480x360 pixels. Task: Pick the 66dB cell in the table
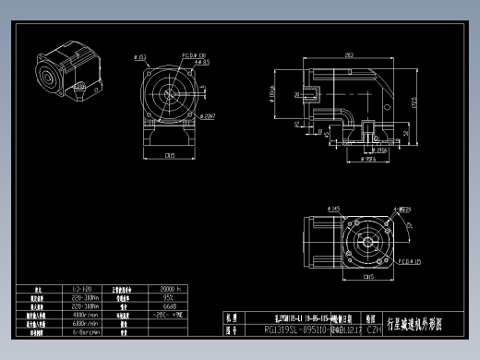tap(169, 306)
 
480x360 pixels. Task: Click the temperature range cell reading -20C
tap(169, 316)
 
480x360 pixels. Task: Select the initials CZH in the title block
tap(375, 329)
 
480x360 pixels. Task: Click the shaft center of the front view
tap(170, 95)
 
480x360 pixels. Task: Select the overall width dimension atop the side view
tap(349, 55)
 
